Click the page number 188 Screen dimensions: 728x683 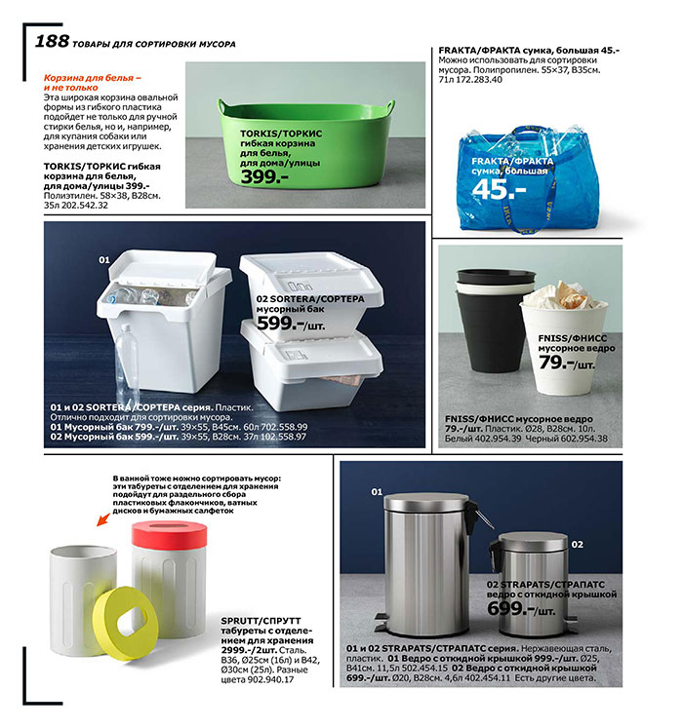click(x=51, y=41)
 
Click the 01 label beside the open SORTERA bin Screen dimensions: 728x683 click(x=104, y=261)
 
